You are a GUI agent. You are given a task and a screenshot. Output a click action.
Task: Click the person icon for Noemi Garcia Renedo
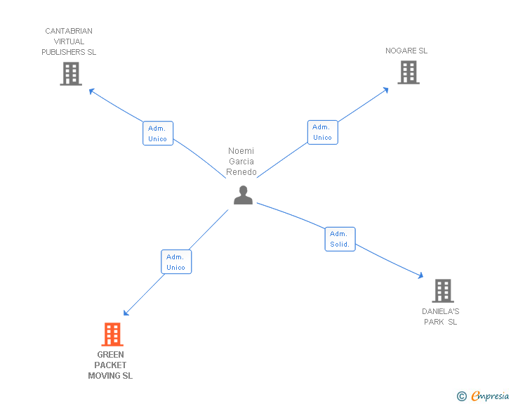click(x=243, y=195)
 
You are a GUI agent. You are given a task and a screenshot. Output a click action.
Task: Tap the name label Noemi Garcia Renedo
click(x=241, y=162)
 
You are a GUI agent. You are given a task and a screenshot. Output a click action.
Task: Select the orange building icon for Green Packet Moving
click(x=112, y=334)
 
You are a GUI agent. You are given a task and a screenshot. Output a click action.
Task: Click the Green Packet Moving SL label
click(x=110, y=365)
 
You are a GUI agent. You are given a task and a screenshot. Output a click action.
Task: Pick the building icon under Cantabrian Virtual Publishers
click(x=70, y=73)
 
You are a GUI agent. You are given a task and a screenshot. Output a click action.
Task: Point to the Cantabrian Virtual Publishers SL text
click(x=69, y=41)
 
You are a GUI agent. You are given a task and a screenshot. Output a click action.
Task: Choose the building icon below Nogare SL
click(x=408, y=72)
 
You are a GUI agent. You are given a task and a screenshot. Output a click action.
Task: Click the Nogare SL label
click(x=406, y=51)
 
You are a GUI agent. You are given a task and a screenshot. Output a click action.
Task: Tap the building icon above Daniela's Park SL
click(x=442, y=290)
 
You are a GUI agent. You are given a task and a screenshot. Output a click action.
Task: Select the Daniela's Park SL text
click(x=441, y=316)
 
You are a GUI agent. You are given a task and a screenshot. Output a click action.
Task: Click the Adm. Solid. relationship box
click(x=340, y=239)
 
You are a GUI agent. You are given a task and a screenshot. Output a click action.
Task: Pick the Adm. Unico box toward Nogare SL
click(x=322, y=132)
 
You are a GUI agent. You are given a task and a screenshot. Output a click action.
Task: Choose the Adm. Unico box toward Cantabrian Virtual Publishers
click(x=158, y=133)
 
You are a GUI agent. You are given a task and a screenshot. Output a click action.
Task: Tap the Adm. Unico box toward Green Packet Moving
click(x=176, y=261)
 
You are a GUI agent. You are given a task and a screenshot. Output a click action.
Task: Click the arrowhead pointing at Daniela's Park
click(x=420, y=277)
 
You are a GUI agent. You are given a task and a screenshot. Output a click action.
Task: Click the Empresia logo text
click(x=490, y=396)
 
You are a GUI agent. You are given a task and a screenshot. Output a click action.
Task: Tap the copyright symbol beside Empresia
click(x=461, y=396)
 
